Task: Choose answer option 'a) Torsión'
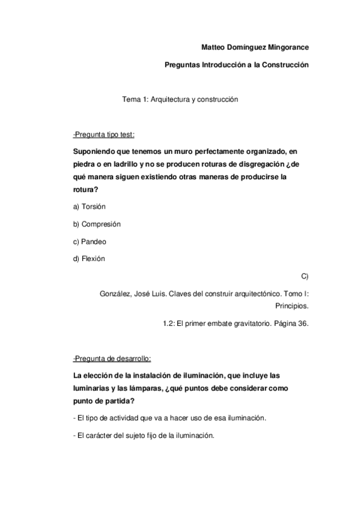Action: (89, 206)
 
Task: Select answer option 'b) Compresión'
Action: (97, 224)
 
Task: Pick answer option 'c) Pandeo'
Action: (90, 241)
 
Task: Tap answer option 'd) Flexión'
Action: (89, 259)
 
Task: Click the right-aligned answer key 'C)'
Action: (304, 276)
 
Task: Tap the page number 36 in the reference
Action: (302, 324)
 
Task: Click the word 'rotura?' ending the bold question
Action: (85, 189)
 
